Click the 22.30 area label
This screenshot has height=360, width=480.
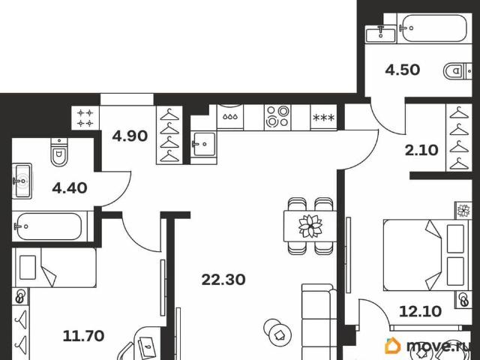pyautogui.click(x=223, y=280)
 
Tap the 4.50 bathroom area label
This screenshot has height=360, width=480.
pyautogui.click(x=402, y=70)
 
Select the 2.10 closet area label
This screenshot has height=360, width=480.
pyautogui.click(x=421, y=150)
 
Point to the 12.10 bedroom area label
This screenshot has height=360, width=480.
pyautogui.click(x=420, y=312)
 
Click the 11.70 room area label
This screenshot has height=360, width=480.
pyautogui.click(x=83, y=336)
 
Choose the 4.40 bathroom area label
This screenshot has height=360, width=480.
pyautogui.click(x=70, y=188)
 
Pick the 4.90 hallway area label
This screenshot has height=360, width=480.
pyautogui.click(x=130, y=136)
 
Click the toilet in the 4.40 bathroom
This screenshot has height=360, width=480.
pyautogui.click(x=59, y=151)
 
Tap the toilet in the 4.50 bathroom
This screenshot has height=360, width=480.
pyautogui.click(x=457, y=72)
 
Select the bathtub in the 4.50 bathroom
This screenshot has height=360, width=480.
pyautogui.click(x=434, y=28)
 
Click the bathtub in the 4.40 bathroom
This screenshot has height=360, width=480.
pyautogui.click(x=50, y=226)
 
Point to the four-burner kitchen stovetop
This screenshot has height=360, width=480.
pyautogui.click(x=277, y=117)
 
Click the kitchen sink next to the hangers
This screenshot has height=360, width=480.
pyautogui.click(x=203, y=144)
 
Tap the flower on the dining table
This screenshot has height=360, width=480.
pyautogui.click(x=310, y=226)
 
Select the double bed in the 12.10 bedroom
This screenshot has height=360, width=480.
pyautogui.click(x=426, y=255)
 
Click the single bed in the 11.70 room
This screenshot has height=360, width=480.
pyautogui.click(x=55, y=268)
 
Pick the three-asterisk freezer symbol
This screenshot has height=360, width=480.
pyautogui.click(x=323, y=118)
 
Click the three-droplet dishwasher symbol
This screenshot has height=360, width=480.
pyautogui.click(x=230, y=117)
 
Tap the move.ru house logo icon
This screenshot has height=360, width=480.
pyautogui.click(x=393, y=346)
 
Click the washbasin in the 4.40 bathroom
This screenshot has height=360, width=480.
pyautogui.click(x=22, y=181)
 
